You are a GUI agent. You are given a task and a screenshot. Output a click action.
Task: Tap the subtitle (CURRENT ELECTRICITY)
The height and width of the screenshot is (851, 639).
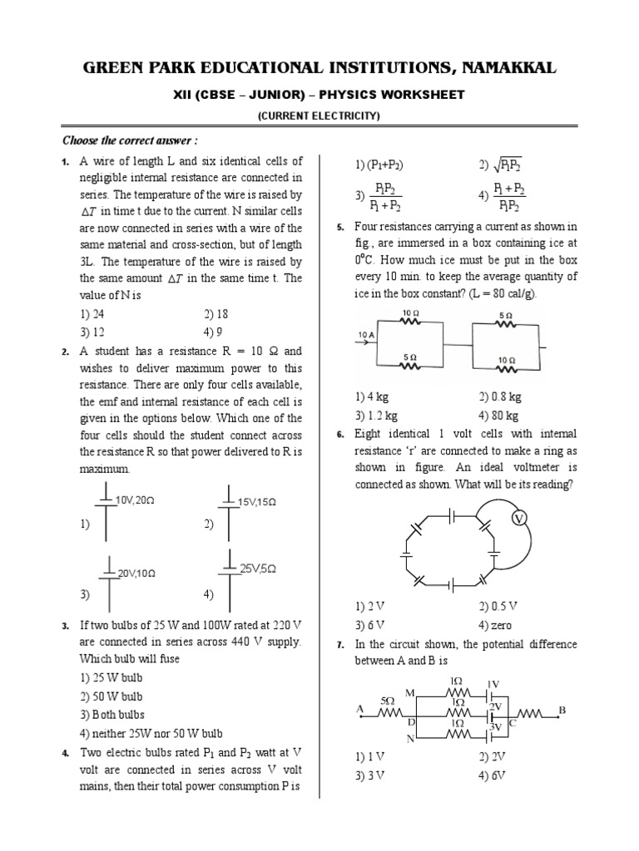pos(319,116)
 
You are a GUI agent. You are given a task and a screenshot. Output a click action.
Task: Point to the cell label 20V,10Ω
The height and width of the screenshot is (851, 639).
pos(136,573)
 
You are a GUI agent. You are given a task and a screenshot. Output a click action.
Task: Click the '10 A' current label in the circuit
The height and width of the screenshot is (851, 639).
pos(367,334)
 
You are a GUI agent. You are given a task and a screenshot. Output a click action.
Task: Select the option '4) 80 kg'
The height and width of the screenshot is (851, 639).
pos(498,416)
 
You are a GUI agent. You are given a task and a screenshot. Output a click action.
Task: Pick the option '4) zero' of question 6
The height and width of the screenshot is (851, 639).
pos(495,626)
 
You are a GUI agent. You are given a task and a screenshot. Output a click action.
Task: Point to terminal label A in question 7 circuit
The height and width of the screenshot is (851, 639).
pos(360,709)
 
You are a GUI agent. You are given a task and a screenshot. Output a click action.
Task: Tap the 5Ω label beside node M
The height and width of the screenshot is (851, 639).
pos(388,701)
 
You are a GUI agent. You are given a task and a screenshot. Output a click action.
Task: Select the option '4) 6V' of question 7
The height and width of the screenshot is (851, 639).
pos(493,775)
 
